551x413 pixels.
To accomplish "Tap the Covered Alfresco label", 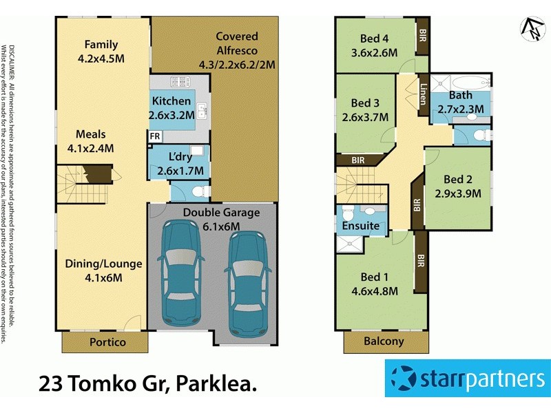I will [236, 36].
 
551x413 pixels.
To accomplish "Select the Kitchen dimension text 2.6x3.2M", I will [171, 115].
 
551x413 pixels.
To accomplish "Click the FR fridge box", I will [156, 136].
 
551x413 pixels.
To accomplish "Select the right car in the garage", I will [246, 282].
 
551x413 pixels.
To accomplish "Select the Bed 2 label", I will [457, 180].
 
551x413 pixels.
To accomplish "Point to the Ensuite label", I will [361, 226].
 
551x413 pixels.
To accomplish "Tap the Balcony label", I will [384, 342].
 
